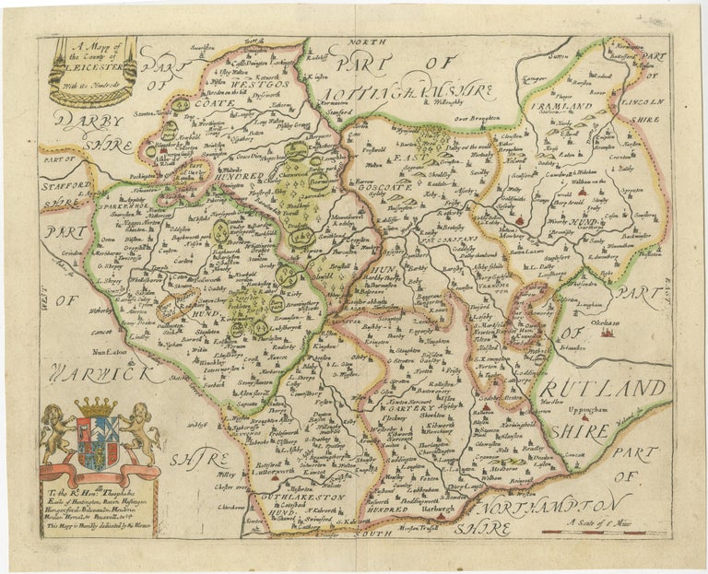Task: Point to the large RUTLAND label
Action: pyautogui.click(x=608, y=386)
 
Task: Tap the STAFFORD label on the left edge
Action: pyautogui.click(x=66, y=187)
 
